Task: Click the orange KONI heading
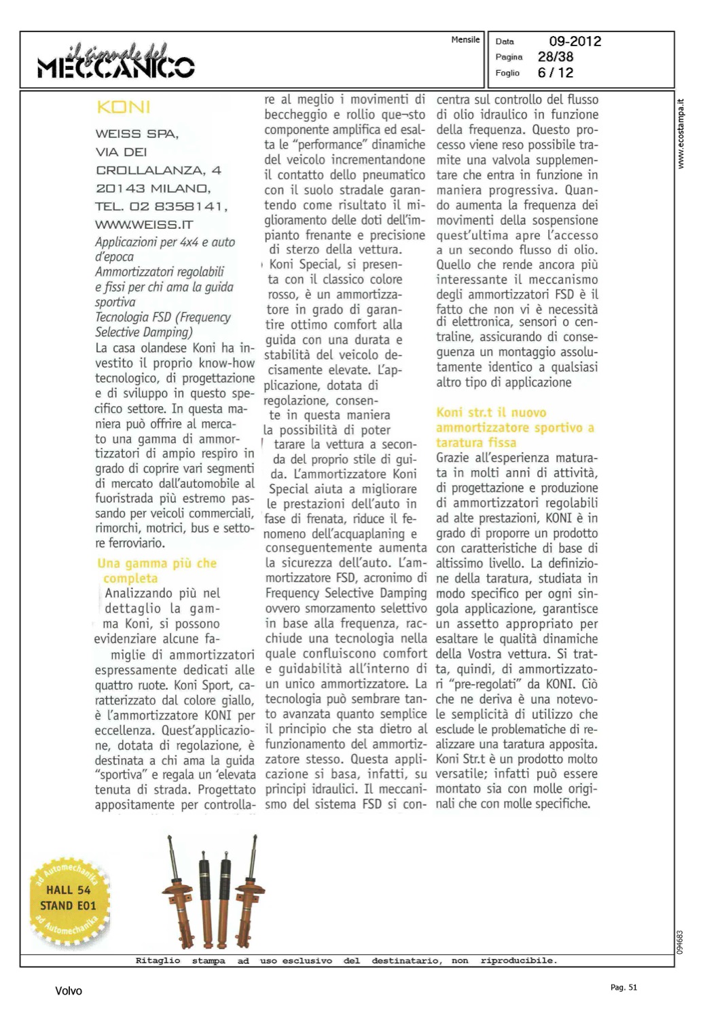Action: click(x=124, y=107)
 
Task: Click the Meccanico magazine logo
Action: click(x=116, y=62)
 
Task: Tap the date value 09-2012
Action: click(x=575, y=41)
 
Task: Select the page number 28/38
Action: click(x=555, y=57)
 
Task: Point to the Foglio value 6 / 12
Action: click(x=555, y=73)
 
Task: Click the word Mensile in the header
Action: click(x=465, y=39)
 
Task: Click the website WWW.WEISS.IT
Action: click(x=144, y=224)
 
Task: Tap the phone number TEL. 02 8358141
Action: click(x=161, y=206)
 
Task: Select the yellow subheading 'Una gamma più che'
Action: click(x=157, y=563)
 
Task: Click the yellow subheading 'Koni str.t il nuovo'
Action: click(x=491, y=412)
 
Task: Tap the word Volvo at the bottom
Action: click(x=69, y=991)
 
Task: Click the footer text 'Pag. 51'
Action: click(x=623, y=987)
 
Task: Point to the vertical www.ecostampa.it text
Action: click(x=681, y=134)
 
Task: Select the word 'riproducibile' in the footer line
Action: click(x=518, y=961)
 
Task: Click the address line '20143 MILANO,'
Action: click(x=153, y=188)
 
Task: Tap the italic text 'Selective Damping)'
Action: click(x=144, y=332)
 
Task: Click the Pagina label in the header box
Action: click(x=509, y=57)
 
